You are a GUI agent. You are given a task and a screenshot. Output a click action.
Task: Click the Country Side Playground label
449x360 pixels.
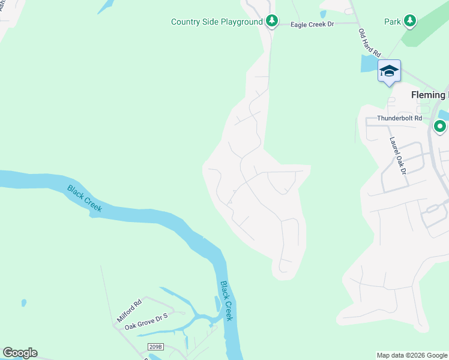click(217, 22)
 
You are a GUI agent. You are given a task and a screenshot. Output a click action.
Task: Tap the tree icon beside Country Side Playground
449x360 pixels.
click(272, 22)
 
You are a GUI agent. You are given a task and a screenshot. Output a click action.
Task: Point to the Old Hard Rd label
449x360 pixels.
click(370, 43)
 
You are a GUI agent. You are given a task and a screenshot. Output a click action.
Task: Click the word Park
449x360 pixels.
click(392, 22)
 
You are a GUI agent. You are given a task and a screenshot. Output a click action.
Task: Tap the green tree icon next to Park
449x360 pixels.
click(409, 22)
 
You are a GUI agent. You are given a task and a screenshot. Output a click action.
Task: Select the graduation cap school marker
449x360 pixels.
click(389, 71)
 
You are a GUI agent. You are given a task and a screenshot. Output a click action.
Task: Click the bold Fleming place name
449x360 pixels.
click(429, 95)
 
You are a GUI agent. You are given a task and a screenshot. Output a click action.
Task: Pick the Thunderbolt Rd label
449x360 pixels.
click(400, 118)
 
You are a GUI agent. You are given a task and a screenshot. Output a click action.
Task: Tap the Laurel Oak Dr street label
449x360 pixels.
click(398, 155)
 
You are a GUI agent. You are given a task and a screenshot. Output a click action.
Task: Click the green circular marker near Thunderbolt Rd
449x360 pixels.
click(440, 127)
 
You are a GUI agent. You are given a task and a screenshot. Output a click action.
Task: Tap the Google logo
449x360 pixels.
click(20, 353)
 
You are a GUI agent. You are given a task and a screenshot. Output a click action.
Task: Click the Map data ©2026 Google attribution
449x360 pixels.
click(412, 355)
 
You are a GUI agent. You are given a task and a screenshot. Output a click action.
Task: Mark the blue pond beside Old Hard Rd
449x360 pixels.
click(368, 63)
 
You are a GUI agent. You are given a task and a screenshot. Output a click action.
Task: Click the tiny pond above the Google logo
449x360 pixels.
click(23, 303)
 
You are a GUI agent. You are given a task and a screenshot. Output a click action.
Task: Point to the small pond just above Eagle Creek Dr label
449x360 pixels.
click(323, 14)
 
